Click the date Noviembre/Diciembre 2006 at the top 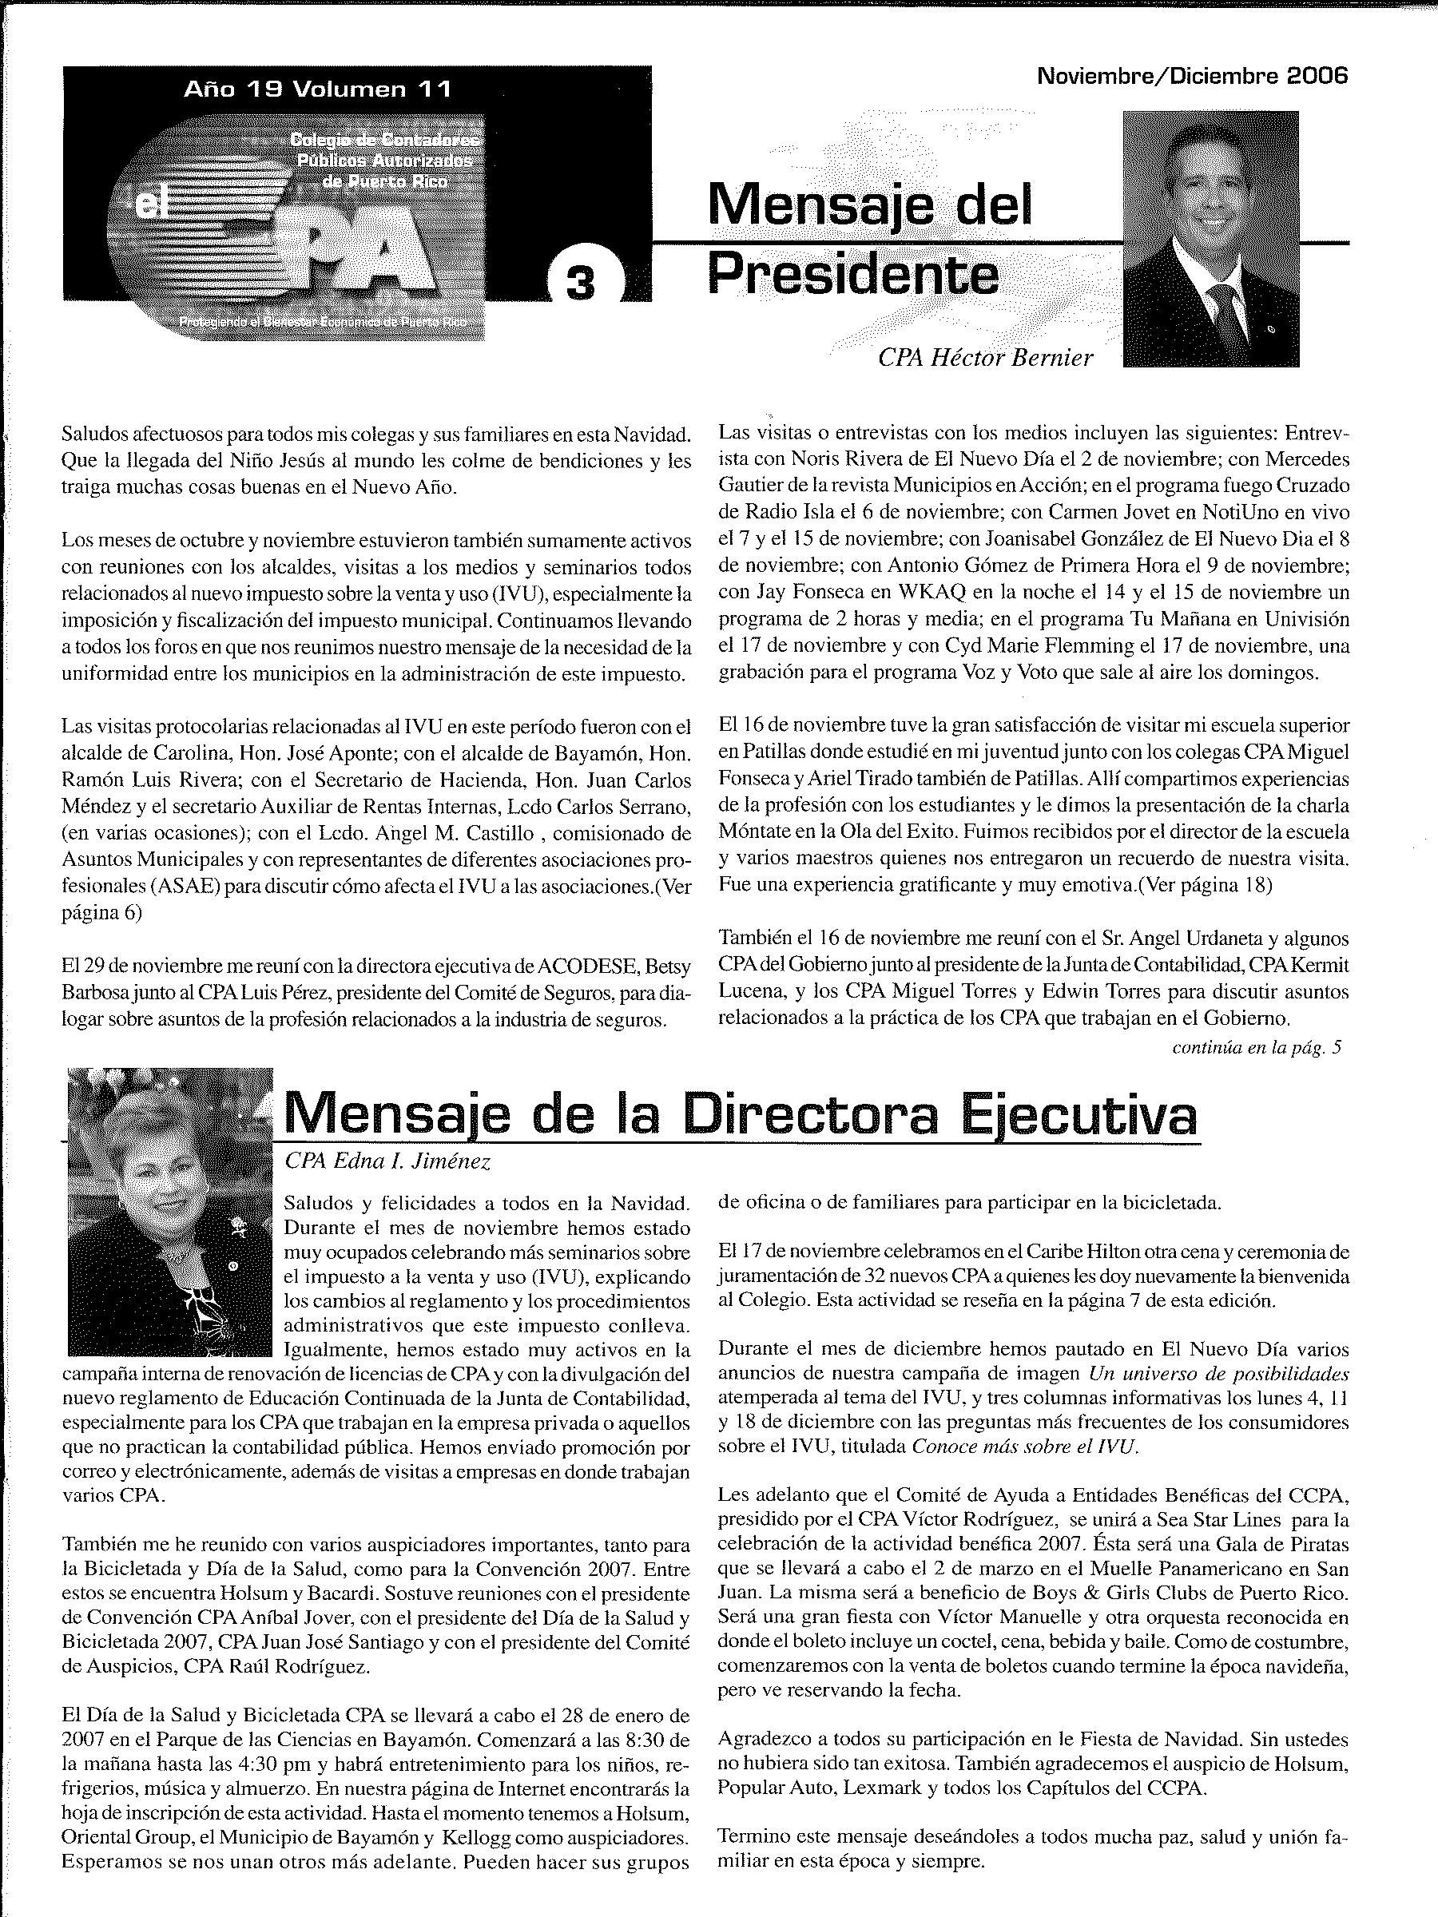click(x=1192, y=76)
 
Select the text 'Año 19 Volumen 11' click(x=317, y=89)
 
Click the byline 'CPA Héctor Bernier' click(x=985, y=358)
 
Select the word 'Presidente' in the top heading click(x=853, y=275)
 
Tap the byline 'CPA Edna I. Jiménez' click(x=387, y=1162)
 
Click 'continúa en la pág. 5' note click(x=1256, y=1047)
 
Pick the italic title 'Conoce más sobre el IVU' click(x=1023, y=1447)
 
